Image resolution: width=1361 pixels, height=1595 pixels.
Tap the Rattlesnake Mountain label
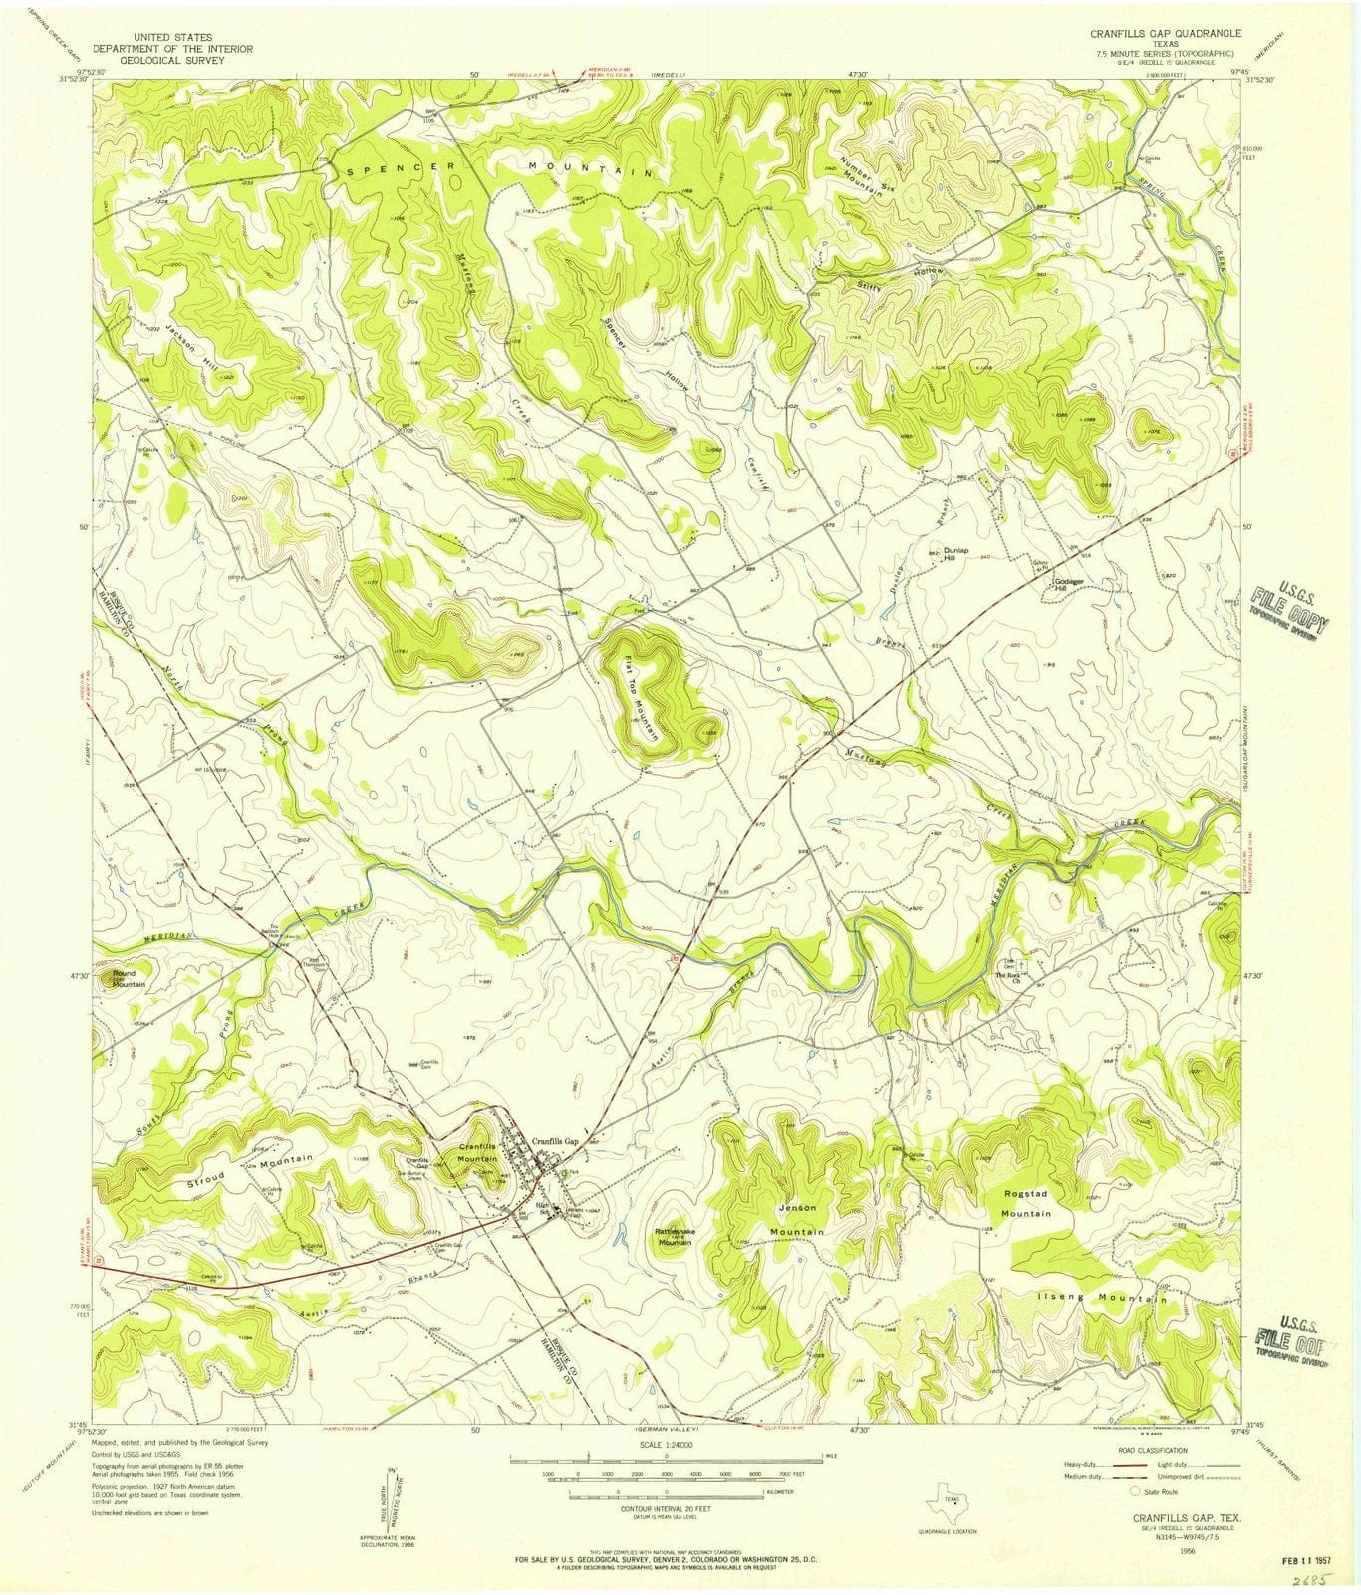point(674,1237)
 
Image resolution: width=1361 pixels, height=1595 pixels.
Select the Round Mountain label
point(130,978)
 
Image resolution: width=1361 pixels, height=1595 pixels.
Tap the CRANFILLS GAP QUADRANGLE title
point(1135,33)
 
